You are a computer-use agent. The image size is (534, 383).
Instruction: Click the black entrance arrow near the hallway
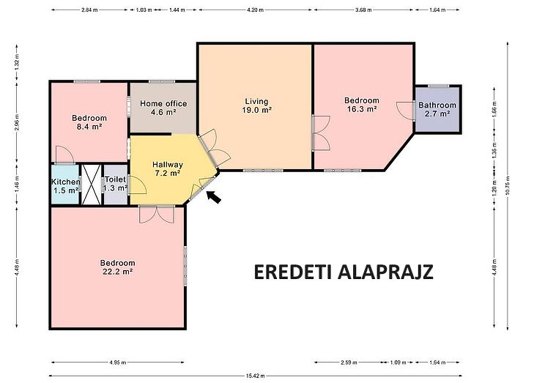tap(214, 197)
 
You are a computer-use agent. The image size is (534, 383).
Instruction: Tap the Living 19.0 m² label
tap(257, 105)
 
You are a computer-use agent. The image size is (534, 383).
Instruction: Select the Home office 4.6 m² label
tap(163, 108)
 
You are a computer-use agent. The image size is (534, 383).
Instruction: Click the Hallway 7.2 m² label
tap(168, 168)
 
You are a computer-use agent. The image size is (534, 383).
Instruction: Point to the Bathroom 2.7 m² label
tap(437, 109)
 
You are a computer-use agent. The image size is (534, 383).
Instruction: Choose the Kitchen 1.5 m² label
tap(66, 186)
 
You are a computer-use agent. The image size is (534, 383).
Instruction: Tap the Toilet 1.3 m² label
tap(116, 184)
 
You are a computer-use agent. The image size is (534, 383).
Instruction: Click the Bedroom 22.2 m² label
tap(117, 267)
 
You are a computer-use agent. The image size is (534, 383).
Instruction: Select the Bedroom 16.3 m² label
tap(362, 105)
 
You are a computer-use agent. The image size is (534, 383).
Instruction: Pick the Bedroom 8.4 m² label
tap(89, 122)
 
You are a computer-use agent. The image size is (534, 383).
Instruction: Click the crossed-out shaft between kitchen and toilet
tap(92, 185)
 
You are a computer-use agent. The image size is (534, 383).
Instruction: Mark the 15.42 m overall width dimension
tap(255, 376)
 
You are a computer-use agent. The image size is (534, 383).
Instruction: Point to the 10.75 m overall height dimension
tap(508, 185)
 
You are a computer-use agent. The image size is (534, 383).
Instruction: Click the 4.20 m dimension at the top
tap(255, 10)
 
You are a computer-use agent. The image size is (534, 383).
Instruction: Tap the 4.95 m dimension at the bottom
tap(118, 362)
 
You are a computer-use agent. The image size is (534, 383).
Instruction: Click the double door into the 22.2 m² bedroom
tap(157, 214)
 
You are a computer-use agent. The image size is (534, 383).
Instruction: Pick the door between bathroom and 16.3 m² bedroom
tap(406, 110)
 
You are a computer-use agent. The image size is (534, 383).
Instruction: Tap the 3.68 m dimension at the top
tap(363, 10)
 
